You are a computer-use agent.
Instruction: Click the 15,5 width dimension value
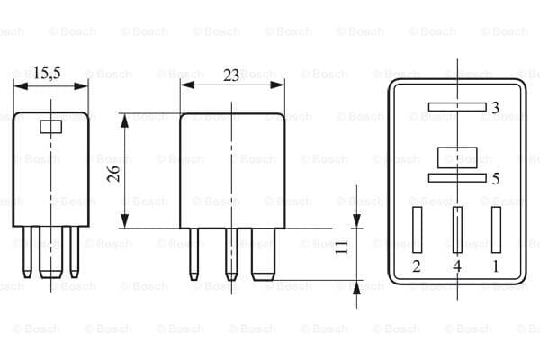[47, 73]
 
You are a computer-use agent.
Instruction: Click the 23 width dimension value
[231, 75]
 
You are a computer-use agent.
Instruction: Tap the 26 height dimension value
[113, 174]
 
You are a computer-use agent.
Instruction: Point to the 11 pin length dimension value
[341, 247]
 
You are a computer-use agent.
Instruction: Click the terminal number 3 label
[495, 108]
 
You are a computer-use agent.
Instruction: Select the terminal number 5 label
[496, 178]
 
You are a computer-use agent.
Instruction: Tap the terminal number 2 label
[417, 266]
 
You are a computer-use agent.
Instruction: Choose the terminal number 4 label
[457, 266]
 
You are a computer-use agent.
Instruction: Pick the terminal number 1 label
[496, 266]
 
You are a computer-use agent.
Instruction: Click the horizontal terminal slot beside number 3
[457, 107]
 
